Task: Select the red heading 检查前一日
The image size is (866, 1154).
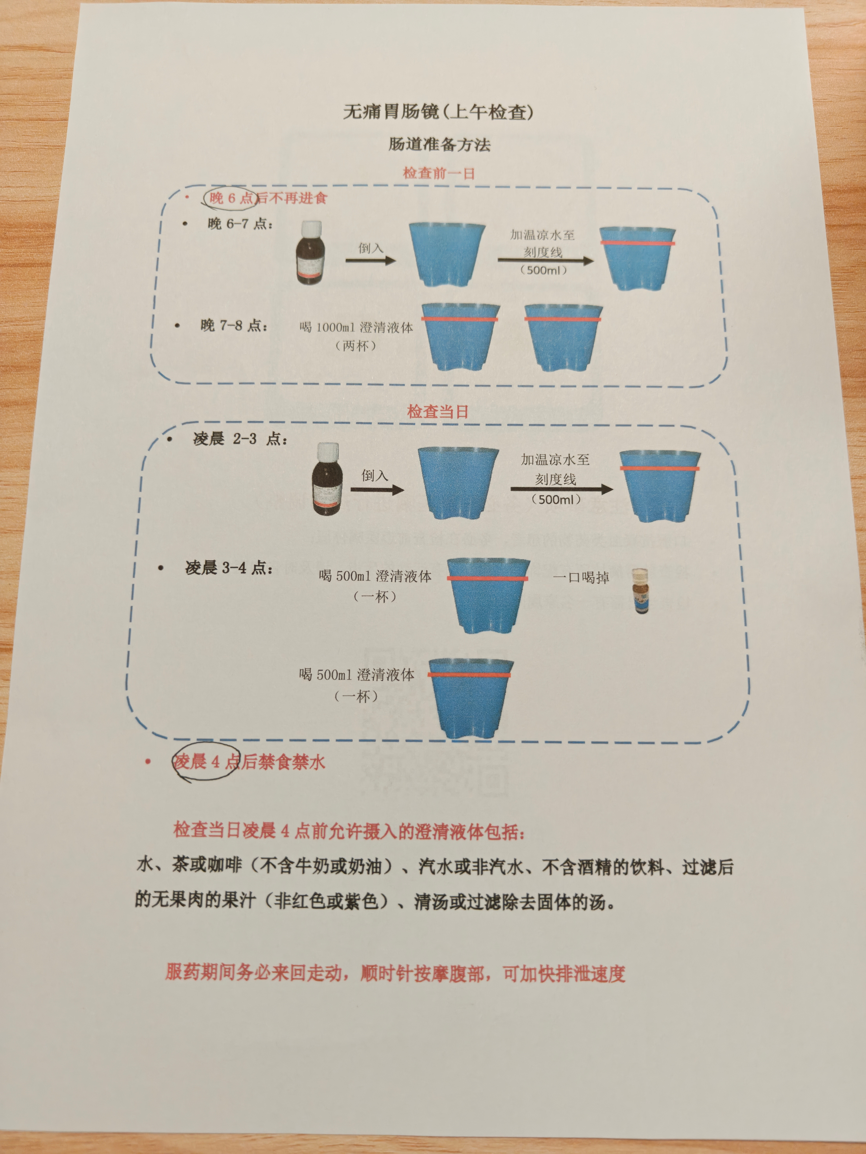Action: coord(438,173)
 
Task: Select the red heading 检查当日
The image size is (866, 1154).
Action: coord(438,412)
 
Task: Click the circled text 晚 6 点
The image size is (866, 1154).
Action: coord(230,198)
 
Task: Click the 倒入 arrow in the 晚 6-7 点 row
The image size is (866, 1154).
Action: coord(371,259)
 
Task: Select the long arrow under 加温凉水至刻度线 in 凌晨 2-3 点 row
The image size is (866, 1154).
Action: coord(561,489)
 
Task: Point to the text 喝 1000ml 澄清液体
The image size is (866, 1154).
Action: coord(356,328)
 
